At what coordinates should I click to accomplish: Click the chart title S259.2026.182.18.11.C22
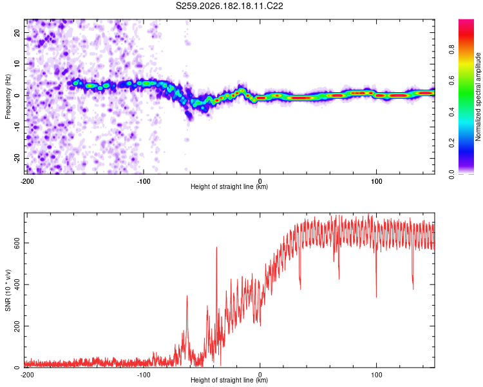(x=229, y=6)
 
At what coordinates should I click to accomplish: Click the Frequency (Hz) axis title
(x=8, y=97)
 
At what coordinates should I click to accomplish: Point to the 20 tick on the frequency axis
(x=17, y=32)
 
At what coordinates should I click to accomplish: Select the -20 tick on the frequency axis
(x=17, y=159)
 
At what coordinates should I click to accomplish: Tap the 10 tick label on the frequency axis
(x=17, y=64)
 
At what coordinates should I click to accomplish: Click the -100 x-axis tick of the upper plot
(x=144, y=181)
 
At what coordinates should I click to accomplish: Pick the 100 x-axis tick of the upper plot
(x=377, y=181)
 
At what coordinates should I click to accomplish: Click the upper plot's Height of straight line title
(x=229, y=186)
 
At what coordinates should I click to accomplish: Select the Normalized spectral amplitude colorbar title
(x=478, y=97)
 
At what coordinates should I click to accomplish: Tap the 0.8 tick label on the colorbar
(x=451, y=50)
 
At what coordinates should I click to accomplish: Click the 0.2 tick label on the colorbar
(x=451, y=143)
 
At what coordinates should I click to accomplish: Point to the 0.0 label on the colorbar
(x=451, y=174)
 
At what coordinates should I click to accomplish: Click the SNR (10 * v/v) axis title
(x=8, y=290)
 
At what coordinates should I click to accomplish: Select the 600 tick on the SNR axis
(x=17, y=243)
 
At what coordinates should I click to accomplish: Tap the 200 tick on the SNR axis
(x=17, y=326)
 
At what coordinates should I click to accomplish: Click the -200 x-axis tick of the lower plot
(x=27, y=375)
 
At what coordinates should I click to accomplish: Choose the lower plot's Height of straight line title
(x=229, y=380)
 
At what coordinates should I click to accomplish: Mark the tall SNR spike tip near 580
(x=216, y=247)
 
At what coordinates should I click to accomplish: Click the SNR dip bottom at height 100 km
(x=376, y=297)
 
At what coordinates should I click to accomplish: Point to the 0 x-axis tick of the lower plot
(x=260, y=375)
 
